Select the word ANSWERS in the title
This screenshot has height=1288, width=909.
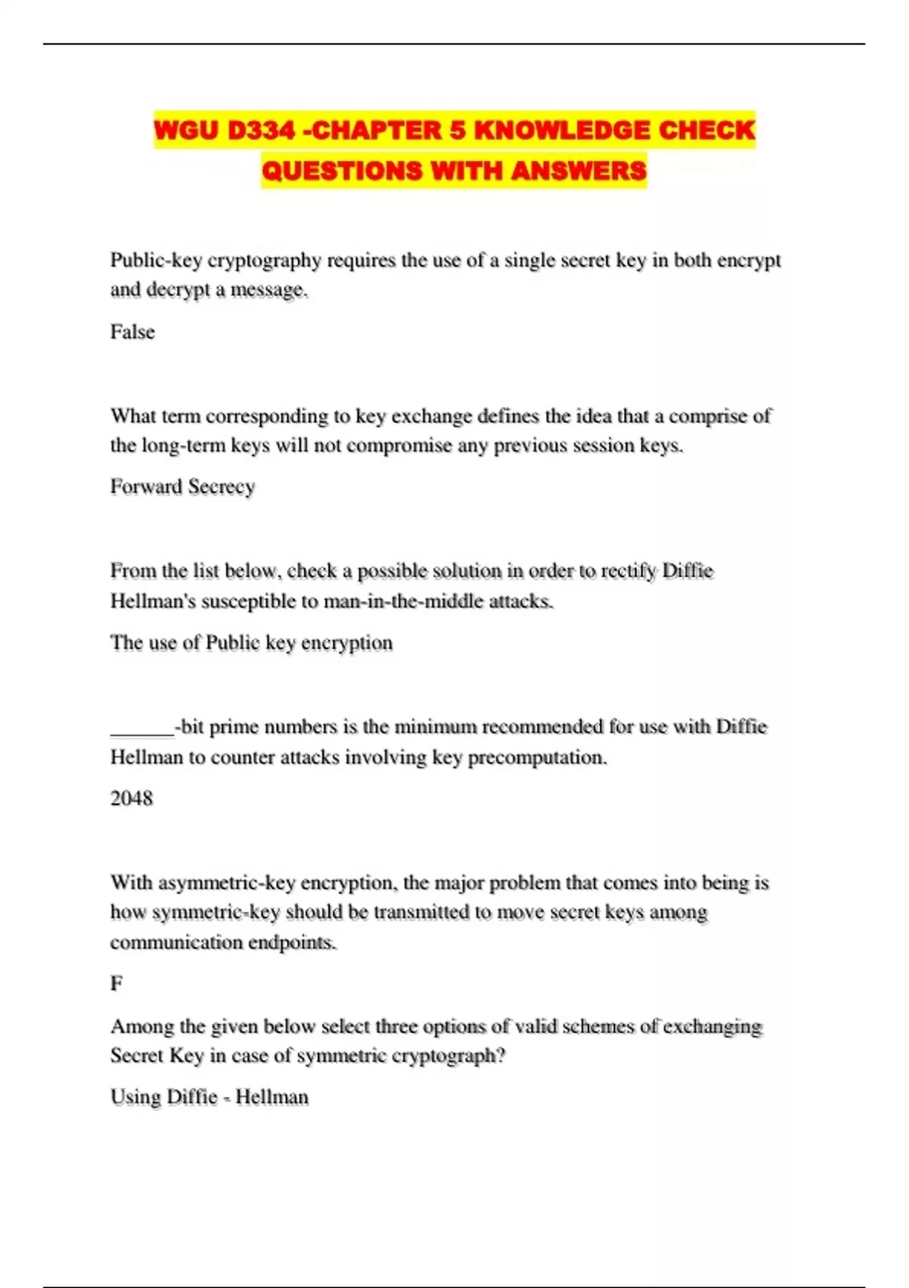(579, 170)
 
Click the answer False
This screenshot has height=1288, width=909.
(133, 332)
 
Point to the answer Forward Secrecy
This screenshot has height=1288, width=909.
(183, 486)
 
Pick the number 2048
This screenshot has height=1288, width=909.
(132, 798)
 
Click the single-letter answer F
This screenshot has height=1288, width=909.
(117, 983)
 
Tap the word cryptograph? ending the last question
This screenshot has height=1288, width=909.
(448, 1055)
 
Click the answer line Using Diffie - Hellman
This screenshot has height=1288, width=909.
(209, 1097)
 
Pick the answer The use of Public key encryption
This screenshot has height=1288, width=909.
(251, 642)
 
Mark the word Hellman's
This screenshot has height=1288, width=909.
(155, 602)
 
